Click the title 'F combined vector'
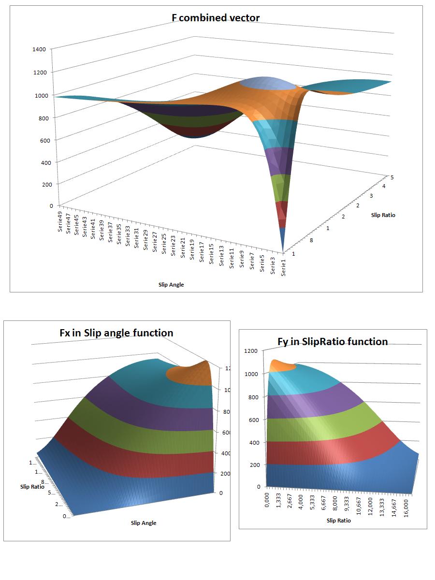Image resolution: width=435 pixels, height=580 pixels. pyautogui.click(x=216, y=18)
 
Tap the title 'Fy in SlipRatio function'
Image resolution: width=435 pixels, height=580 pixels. pyautogui.click(x=333, y=342)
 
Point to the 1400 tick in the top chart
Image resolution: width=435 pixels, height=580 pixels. pyautogui.click(x=40, y=49)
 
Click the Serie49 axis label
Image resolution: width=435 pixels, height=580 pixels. pyautogui.click(x=61, y=223)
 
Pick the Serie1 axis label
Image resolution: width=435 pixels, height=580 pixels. pyautogui.click(x=283, y=267)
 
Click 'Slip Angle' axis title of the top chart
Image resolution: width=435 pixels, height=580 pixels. pyautogui.click(x=171, y=285)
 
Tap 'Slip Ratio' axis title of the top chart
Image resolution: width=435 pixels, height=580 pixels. pyautogui.click(x=383, y=215)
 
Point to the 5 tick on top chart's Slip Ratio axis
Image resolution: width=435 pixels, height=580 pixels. pyautogui.click(x=392, y=177)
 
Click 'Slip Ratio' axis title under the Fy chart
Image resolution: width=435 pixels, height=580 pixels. pyautogui.click(x=338, y=521)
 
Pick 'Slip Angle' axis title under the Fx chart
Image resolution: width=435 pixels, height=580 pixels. pyautogui.click(x=144, y=522)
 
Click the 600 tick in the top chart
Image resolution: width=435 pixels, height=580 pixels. pyautogui.click(x=40, y=140)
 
